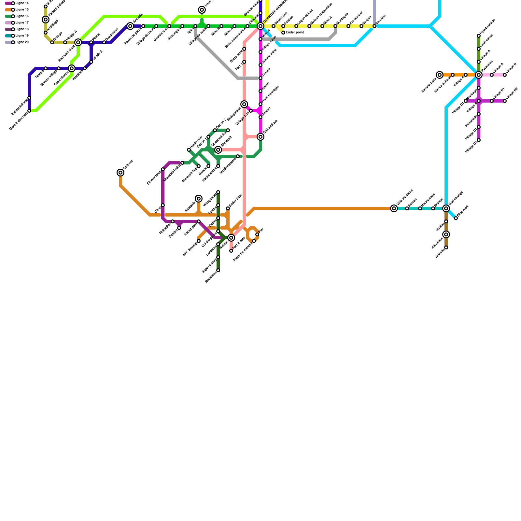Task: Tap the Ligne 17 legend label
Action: tap(22, 23)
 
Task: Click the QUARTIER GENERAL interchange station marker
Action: tap(260, 26)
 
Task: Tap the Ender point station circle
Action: tap(283, 33)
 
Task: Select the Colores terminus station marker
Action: tap(120, 173)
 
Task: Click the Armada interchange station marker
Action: tap(130, 26)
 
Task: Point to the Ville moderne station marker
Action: tap(394, 208)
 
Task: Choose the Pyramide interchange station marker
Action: tap(479, 75)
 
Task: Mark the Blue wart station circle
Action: tap(456, 218)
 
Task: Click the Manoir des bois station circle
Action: tap(29, 111)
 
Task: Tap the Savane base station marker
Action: tap(440, 75)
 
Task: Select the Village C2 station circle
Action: tap(479, 140)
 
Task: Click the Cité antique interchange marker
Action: tap(260, 137)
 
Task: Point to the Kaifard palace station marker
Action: tap(46, 20)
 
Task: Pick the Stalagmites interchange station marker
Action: tap(244, 104)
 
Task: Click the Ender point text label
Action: tap(295, 33)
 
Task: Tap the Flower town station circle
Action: tap(163, 169)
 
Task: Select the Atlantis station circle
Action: tap(446, 247)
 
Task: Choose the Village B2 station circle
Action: tap(505, 101)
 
